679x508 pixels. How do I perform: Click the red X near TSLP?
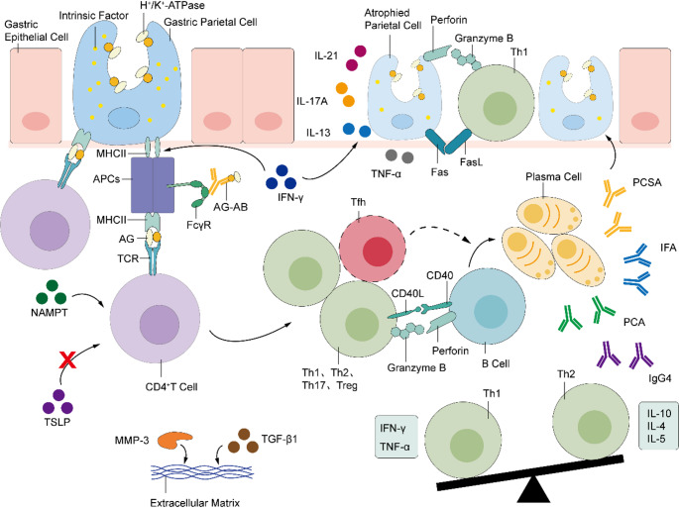point(67,359)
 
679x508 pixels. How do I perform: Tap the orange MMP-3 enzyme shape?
point(174,440)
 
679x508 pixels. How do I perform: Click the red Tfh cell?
point(373,250)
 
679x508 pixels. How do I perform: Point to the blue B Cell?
point(487,308)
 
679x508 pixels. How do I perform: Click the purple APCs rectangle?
point(153,185)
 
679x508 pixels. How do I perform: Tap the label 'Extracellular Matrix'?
point(194,503)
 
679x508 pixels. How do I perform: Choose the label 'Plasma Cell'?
point(553,177)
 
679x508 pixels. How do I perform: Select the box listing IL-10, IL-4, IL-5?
point(658,426)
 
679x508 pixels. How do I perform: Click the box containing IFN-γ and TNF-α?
point(396,437)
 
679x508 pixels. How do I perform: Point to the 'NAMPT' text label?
point(50,312)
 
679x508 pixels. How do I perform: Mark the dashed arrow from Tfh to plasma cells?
point(440,231)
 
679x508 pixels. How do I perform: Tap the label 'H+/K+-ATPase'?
point(172,6)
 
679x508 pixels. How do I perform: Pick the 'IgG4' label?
point(659,378)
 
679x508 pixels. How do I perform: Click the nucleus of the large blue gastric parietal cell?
point(124,119)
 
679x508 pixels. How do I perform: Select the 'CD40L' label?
point(407,294)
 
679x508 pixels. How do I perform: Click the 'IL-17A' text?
point(312,102)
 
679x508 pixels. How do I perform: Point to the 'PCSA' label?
point(647,183)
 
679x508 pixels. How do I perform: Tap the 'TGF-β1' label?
point(280,440)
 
